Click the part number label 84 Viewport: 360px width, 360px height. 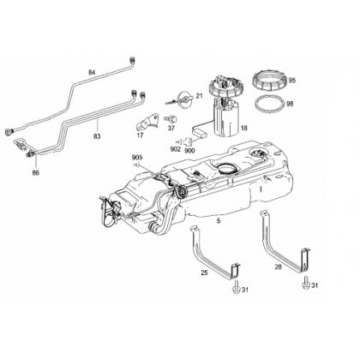(92, 72)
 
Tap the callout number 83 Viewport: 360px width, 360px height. (97, 136)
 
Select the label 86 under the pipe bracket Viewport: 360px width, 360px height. (36, 172)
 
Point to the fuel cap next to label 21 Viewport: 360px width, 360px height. (183, 100)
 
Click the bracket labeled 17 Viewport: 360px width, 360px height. (147, 122)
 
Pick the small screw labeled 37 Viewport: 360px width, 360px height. (171, 118)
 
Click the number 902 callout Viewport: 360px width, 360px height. (175, 149)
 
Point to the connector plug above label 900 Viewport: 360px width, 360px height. (189, 141)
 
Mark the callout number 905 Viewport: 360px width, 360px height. (137, 158)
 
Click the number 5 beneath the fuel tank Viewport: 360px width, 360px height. (219, 220)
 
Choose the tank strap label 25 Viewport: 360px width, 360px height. (204, 273)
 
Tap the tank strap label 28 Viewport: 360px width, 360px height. (278, 267)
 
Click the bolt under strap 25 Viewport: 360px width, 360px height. (236, 287)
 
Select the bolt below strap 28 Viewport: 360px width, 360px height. (306, 283)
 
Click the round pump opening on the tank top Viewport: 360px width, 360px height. (226, 168)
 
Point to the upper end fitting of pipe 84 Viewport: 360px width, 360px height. (132, 59)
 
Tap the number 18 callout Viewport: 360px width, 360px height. (243, 129)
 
